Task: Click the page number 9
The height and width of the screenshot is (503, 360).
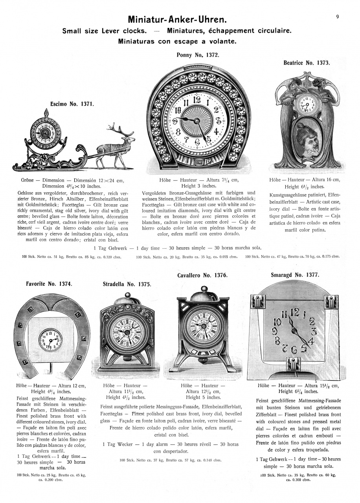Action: (x=338, y=17)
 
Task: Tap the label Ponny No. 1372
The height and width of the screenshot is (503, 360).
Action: (x=198, y=55)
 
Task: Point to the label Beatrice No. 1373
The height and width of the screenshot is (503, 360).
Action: (x=307, y=62)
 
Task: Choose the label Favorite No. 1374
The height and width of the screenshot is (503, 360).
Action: (x=50, y=283)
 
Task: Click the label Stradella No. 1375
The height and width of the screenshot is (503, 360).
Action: (x=127, y=284)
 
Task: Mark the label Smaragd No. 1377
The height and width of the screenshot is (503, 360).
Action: (x=295, y=275)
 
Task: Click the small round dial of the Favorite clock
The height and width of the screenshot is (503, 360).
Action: (x=50, y=339)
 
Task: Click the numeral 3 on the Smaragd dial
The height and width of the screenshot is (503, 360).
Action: (x=313, y=331)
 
